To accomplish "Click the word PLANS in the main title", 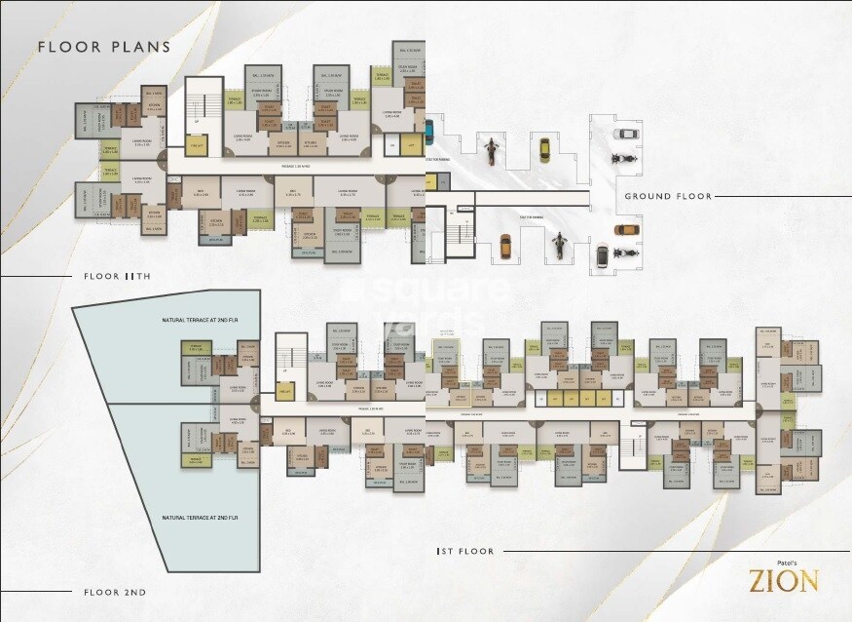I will click(140, 47).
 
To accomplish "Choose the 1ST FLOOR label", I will click(465, 552).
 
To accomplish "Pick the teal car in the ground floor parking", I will click(428, 131).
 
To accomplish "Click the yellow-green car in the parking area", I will click(544, 149).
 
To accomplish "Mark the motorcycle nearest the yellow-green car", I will click(492, 149).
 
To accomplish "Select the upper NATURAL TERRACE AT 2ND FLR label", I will click(193, 321).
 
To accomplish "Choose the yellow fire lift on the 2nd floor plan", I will click(285, 392).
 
